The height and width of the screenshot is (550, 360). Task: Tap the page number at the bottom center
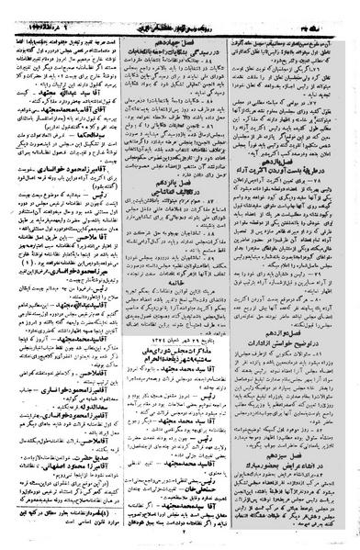click(180, 541)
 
